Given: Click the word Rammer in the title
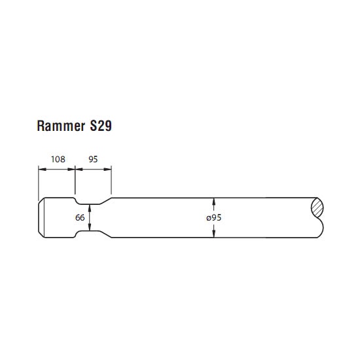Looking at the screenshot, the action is click(61, 126).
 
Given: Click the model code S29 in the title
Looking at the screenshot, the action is click(101, 126).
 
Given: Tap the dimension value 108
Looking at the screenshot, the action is click(58, 159).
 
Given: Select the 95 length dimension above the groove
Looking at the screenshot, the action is click(93, 159).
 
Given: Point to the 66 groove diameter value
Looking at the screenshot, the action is click(80, 217).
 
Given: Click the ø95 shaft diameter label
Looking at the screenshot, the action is click(214, 217).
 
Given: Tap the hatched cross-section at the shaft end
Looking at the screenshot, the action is click(317, 207).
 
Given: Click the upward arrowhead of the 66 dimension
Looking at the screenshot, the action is click(90, 207).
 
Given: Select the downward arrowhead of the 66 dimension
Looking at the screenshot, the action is click(90, 227).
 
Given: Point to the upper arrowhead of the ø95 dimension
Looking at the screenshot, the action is click(214, 202).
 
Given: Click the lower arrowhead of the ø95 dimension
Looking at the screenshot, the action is click(214, 234).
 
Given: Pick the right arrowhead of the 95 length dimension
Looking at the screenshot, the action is click(108, 170).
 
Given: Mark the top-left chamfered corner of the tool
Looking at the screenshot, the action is click(41, 200).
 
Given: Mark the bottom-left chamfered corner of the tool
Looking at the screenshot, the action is click(41, 234).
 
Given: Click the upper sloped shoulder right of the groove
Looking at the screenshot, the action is click(105, 201).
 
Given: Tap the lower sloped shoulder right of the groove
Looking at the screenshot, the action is click(105, 234).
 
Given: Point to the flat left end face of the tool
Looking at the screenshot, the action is click(39, 217).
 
